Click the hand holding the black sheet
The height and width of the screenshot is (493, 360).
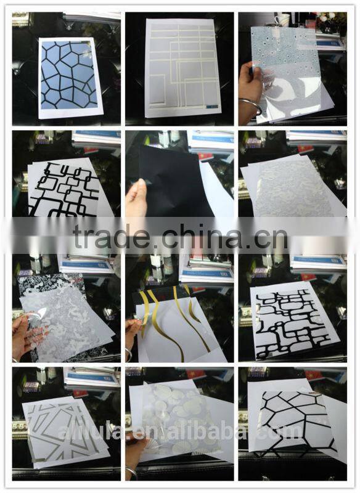point(136,197)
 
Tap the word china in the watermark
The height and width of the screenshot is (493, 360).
point(195,237)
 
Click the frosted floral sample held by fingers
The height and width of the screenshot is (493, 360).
point(62,317)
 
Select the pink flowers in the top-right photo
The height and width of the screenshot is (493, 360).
point(325,18)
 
